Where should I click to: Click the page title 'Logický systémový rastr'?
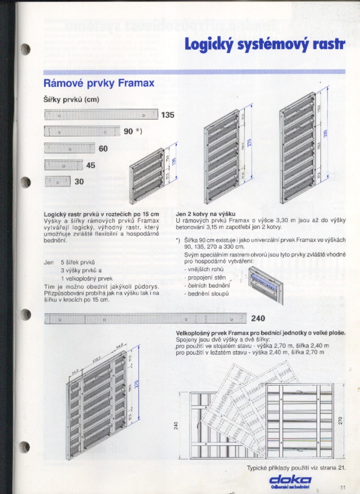(x=265, y=44)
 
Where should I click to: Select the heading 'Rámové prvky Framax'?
(x=99, y=83)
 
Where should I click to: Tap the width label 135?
(x=167, y=115)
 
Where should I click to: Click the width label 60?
(x=104, y=148)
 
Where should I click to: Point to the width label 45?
(x=91, y=165)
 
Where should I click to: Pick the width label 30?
(x=79, y=182)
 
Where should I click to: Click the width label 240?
(x=258, y=319)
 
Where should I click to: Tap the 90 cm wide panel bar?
(x=82, y=131)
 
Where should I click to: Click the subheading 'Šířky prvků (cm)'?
(x=71, y=100)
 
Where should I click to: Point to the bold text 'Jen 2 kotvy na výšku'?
(x=205, y=214)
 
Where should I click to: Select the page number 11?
(x=343, y=488)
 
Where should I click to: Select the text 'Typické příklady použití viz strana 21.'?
(x=296, y=467)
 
